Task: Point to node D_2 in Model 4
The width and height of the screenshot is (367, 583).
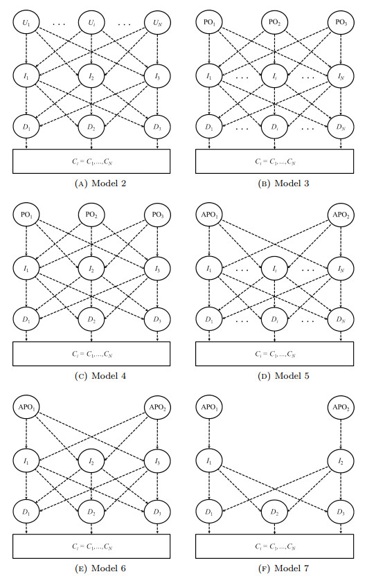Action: (91, 319)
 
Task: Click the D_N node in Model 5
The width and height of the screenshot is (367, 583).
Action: (339, 319)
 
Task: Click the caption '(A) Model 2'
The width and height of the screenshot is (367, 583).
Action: (91, 184)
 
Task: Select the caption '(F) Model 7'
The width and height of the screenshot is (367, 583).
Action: (276, 568)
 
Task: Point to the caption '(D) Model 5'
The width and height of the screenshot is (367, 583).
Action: (276, 376)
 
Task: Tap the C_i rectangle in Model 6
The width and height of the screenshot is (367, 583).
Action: (91, 545)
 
